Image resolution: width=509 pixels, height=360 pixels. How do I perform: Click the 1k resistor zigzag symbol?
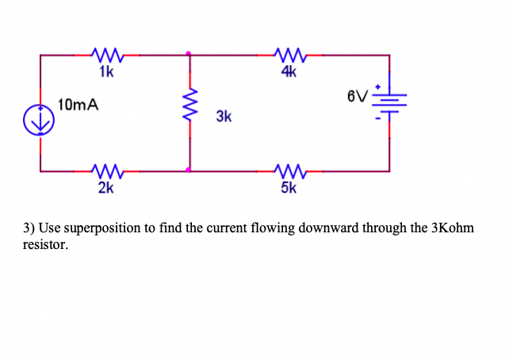click(x=106, y=55)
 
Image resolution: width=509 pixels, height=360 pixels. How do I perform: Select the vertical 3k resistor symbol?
click(x=189, y=110)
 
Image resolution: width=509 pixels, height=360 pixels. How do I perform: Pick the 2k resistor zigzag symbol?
click(x=106, y=169)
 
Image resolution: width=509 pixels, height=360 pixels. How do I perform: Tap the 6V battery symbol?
click(x=388, y=100)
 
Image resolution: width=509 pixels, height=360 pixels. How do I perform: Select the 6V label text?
click(x=357, y=98)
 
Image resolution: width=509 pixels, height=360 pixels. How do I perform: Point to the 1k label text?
click(x=106, y=73)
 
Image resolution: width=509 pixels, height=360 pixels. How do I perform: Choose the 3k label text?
click(x=224, y=117)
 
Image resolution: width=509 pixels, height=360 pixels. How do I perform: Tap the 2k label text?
click(x=105, y=188)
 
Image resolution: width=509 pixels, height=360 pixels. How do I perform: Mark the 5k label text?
click(x=289, y=188)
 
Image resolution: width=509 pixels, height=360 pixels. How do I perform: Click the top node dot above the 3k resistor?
click(x=189, y=55)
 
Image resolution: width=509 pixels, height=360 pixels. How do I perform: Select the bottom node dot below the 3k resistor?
click(x=189, y=169)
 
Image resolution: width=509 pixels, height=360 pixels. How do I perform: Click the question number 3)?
click(x=29, y=228)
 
